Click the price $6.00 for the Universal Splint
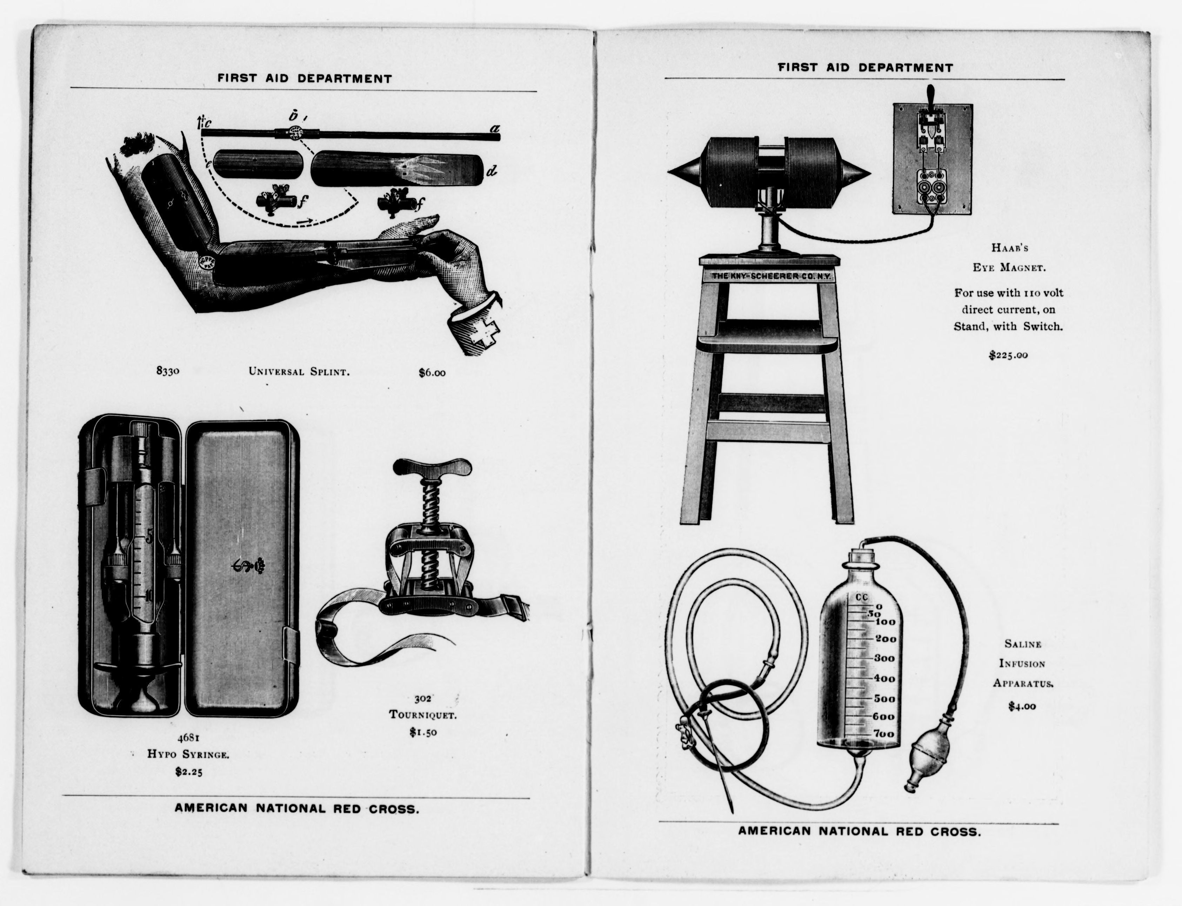[432, 372]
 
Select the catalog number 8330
[167, 371]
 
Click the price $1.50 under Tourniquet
[423, 732]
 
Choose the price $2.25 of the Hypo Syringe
[189, 772]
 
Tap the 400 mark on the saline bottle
[884, 678]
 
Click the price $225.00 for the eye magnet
[1008, 355]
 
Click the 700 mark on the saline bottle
[884, 734]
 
